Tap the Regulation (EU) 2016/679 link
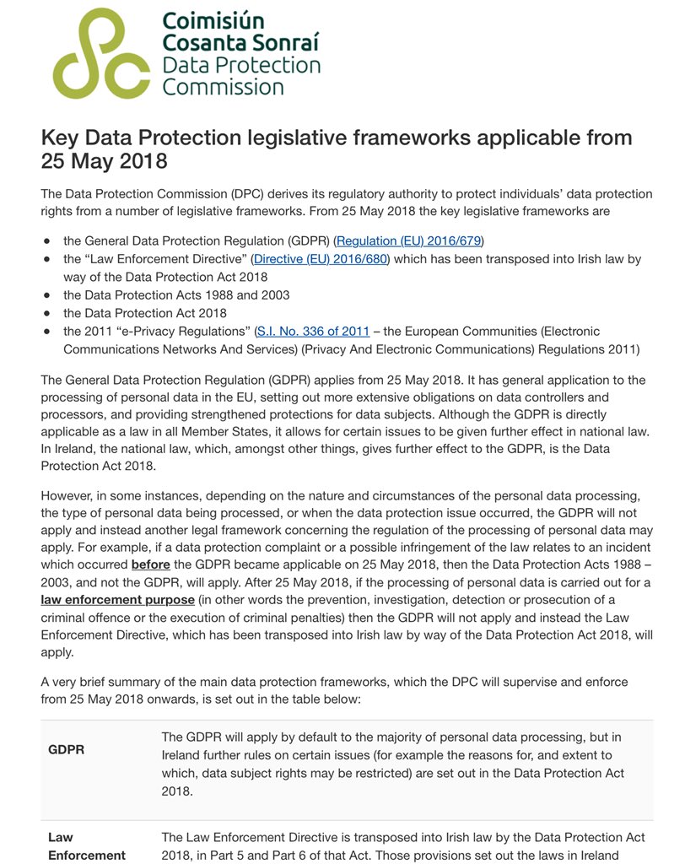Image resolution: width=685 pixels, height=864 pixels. click(410, 240)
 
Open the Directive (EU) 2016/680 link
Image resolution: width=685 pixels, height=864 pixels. click(321, 259)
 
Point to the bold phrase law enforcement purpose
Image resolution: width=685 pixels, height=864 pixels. click(118, 601)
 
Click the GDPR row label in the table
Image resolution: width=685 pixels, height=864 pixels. click(67, 749)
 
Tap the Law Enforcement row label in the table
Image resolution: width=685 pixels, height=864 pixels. click(86, 846)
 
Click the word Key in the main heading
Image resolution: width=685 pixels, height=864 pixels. click(59, 138)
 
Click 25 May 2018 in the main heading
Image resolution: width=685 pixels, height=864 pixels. click(104, 161)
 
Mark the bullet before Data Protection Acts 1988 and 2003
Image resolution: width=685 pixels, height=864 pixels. click(47, 295)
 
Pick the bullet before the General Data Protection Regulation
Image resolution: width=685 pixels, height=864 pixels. click(47, 241)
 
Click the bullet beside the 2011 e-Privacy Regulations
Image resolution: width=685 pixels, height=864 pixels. click(47, 332)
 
